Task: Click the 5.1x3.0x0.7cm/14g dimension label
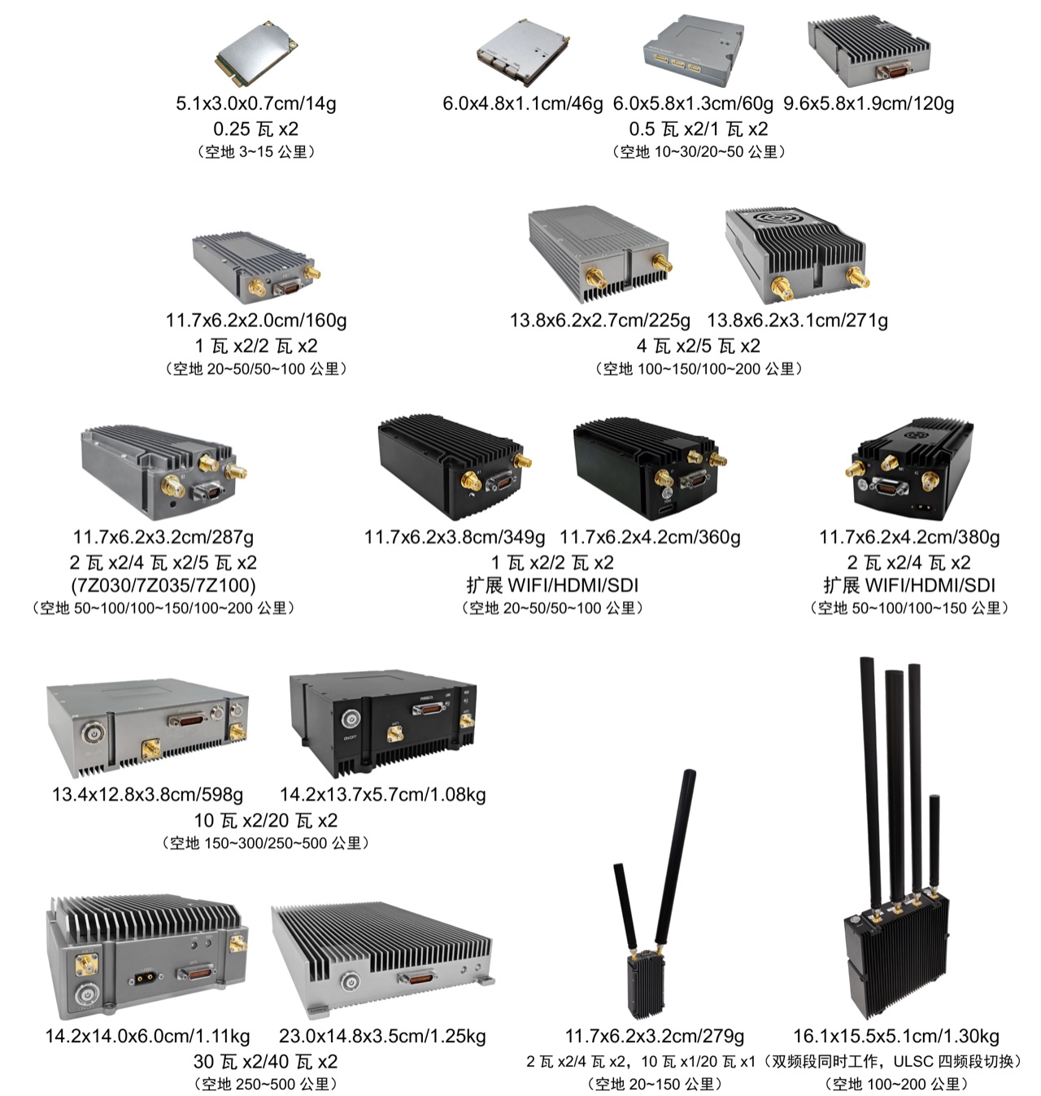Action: pyautogui.click(x=256, y=103)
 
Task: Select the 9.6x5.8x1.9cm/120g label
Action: pyautogui.click(x=869, y=103)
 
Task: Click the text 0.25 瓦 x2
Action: pyautogui.click(x=256, y=129)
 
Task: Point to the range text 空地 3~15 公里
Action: pyautogui.click(x=256, y=151)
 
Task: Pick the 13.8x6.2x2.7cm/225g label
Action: pyautogui.click(x=599, y=321)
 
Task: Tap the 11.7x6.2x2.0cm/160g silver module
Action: pyautogui.click(x=256, y=268)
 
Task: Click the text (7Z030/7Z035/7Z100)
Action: pyautogui.click(x=163, y=585)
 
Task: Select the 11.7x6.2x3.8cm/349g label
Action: pyautogui.click(x=454, y=537)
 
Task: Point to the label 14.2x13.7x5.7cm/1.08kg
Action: pyautogui.click(x=382, y=794)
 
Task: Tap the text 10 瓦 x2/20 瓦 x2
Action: pyautogui.click(x=266, y=821)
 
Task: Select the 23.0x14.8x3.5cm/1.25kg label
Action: pyautogui.click(x=382, y=1037)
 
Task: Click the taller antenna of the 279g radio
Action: pyautogui.click(x=675, y=858)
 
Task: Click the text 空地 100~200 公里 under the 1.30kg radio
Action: pyautogui.click(x=896, y=1085)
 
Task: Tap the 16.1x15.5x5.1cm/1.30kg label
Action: pyautogui.click(x=896, y=1037)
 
